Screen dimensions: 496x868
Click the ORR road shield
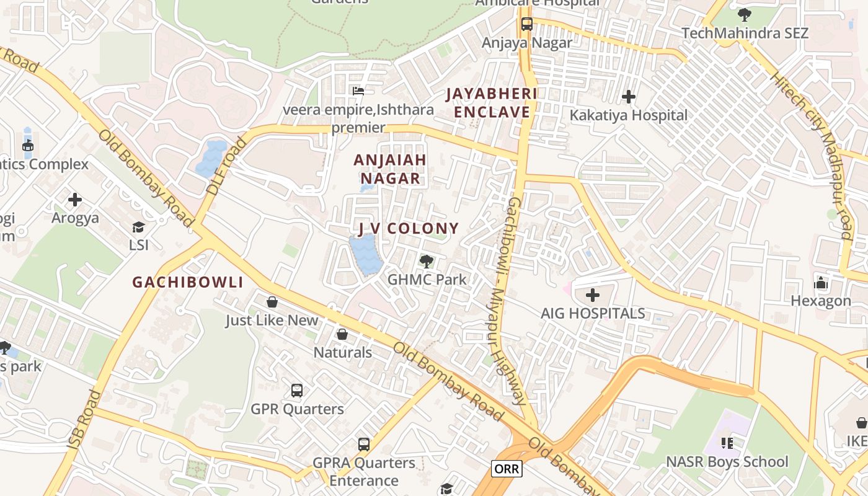pyautogui.click(x=507, y=469)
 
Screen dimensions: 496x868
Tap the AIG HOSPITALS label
pyautogui.click(x=593, y=313)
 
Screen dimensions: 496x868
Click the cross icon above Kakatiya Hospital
pyautogui.click(x=629, y=97)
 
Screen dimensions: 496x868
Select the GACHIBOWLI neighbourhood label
pyautogui.click(x=188, y=282)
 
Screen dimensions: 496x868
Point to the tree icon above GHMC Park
pyautogui.click(x=427, y=262)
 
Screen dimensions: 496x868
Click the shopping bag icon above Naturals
pyautogui.click(x=342, y=335)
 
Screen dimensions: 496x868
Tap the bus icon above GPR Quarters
pyautogui.click(x=297, y=391)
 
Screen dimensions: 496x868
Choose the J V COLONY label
pyautogui.click(x=409, y=228)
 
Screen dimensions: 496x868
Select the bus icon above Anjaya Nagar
pyautogui.click(x=527, y=24)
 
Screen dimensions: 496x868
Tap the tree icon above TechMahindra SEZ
pyautogui.click(x=745, y=15)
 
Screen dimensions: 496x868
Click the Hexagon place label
pyautogui.click(x=821, y=301)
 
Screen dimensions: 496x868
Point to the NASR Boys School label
pyautogui.click(x=727, y=462)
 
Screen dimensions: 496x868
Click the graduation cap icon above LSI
pyautogui.click(x=139, y=228)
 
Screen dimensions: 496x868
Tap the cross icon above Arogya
pyautogui.click(x=75, y=200)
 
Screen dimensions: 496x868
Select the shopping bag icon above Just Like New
pyautogui.click(x=272, y=303)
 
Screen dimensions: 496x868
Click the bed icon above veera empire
pyautogui.click(x=358, y=91)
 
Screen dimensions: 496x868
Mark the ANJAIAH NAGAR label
pyautogui.click(x=390, y=169)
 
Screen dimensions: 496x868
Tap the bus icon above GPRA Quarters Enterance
pyautogui.click(x=364, y=445)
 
